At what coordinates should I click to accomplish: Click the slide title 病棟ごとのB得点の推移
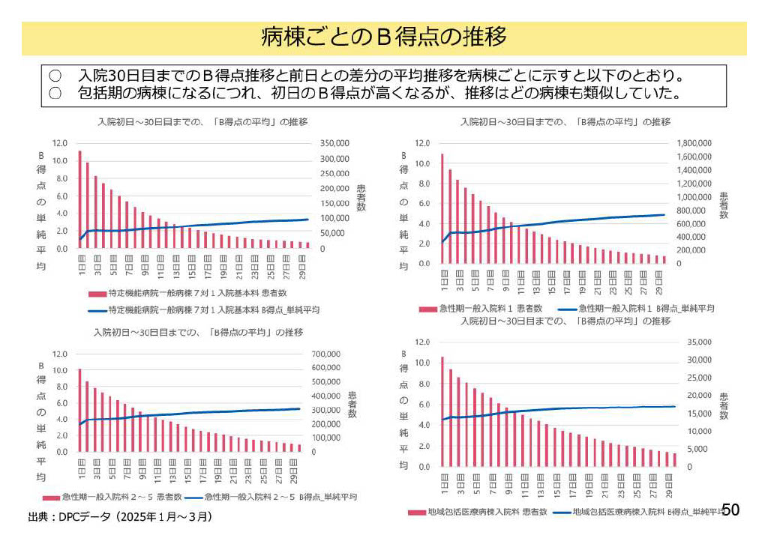click(x=383, y=37)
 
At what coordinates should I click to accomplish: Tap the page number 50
click(x=730, y=510)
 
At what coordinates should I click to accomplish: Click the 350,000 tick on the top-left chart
click(x=334, y=143)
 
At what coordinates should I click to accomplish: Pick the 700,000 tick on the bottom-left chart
click(x=328, y=354)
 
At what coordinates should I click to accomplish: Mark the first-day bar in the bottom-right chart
click(x=442, y=411)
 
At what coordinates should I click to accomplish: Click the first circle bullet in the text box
click(x=55, y=76)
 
